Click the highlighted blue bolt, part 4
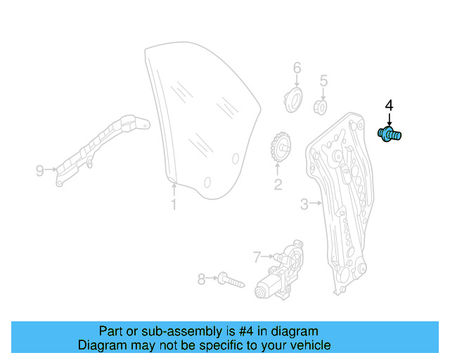tap(388, 134)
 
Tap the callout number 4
tap(389, 106)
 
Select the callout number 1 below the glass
tap(174, 205)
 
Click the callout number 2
tap(278, 184)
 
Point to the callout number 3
tap(304, 204)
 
